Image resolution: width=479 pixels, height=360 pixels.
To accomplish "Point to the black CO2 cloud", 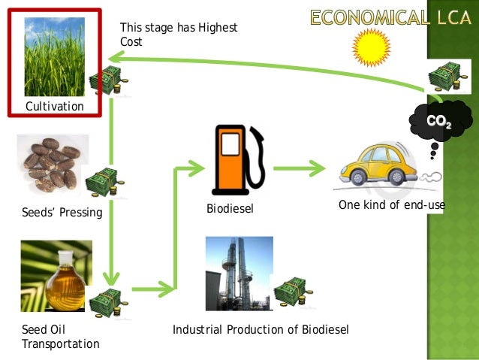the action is (x=440, y=120).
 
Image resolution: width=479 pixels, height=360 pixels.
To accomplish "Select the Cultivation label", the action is (x=55, y=107).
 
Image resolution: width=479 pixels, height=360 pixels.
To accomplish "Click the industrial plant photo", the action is (x=239, y=274).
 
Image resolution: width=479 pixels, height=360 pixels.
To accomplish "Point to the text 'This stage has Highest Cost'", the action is (x=178, y=35).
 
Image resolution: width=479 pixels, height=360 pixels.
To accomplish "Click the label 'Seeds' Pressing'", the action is (x=62, y=213).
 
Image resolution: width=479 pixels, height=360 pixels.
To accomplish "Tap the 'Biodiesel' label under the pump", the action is (x=230, y=208).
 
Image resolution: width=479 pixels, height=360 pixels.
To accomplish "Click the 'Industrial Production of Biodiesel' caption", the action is (x=261, y=330).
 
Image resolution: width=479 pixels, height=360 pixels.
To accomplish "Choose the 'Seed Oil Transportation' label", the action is (x=60, y=337).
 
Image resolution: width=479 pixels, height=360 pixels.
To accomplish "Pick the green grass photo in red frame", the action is (x=54, y=57).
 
